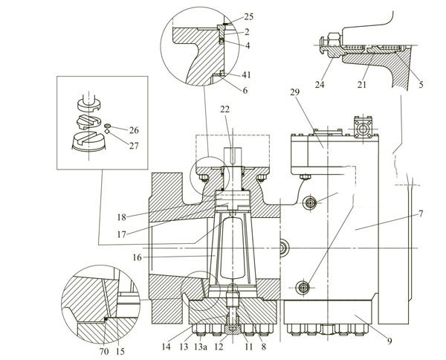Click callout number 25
point(248,16)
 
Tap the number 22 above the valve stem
point(226,111)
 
